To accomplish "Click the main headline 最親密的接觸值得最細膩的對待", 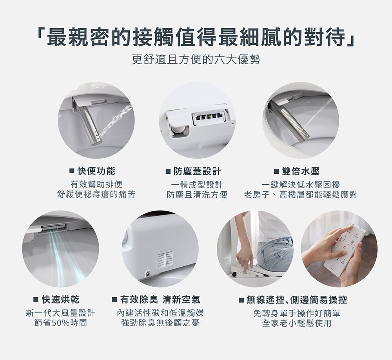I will (x=196, y=37).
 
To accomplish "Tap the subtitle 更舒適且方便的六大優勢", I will (x=196, y=60).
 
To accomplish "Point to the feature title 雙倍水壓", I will (x=301, y=171).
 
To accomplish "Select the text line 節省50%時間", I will (x=61, y=323).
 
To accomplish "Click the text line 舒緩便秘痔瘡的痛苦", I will (x=96, y=194).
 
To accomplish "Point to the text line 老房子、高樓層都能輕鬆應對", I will (x=301, y=194).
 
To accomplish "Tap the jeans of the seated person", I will (x=274, y=254).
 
